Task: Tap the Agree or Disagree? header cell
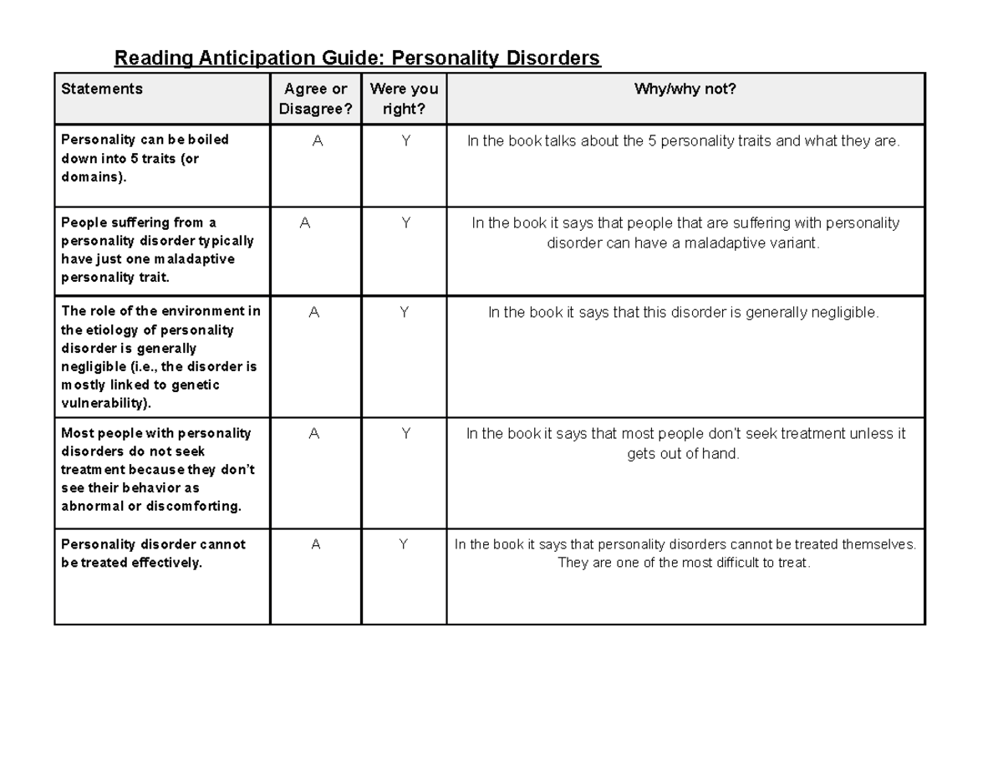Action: click(315, 99)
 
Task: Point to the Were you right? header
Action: click(404, 99)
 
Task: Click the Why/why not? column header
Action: click(685, 89)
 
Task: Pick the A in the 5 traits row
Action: click(317, 141)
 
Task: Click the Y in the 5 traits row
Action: click(405, 141)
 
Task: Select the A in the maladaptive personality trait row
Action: click(305, 223)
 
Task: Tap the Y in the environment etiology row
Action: click(404, 313)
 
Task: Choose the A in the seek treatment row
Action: click(314, 434)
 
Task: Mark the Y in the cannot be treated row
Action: click(403, 544)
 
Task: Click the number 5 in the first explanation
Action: click(652, 141)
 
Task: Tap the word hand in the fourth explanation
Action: click(724, 454)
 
